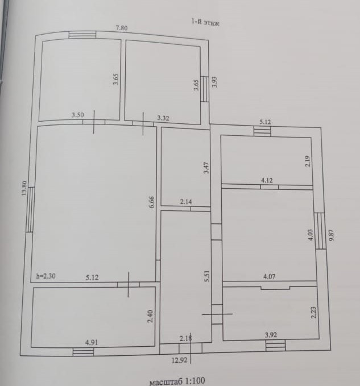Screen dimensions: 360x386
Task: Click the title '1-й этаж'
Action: pyautogui.click(x=205, y=23)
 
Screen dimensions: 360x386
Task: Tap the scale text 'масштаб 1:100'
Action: pyautogui.click(x=176, y=381)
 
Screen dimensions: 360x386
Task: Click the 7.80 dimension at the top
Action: pyautogui.click(x=122, y=27)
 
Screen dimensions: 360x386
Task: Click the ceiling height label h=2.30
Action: pyautogui.click(x=46, y=277)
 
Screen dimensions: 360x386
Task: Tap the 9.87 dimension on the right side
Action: pyautogui.click(x=332, y=235)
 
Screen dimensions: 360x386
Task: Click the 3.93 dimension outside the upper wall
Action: pyautogui.click(x=214, y=82)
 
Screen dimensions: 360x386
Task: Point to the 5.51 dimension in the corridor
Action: pyautogui.click(x=208, y=276)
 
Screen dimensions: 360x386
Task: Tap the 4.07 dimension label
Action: pyautogui.click(x=270, y=277)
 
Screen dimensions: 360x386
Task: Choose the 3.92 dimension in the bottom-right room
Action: pyautogui.click(x=272, y=335)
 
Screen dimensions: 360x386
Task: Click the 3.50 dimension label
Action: pyautogui.click(x=78, y=115)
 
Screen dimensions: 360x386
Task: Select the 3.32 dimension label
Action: pyautogui.click(x=164, y=118)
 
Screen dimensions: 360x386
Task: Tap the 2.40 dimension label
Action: pyautogui.click(x=150, y=316)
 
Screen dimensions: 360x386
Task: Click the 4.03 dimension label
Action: pyautogui.click(x=311, y=235)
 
